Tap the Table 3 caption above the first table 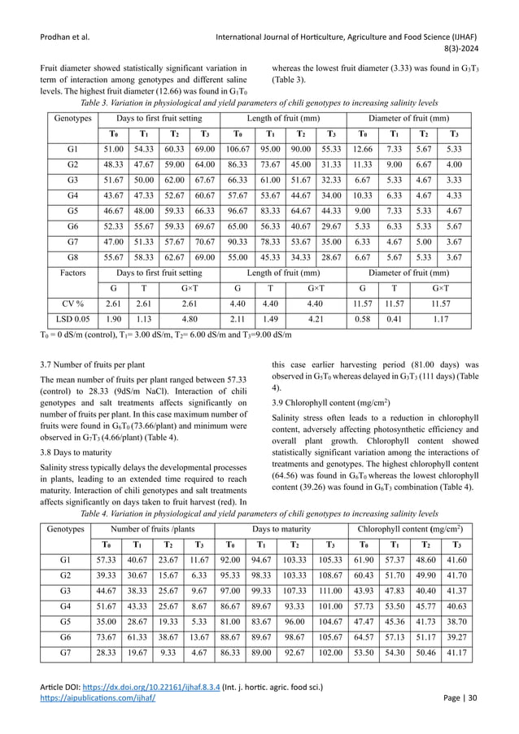click(259, 103)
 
